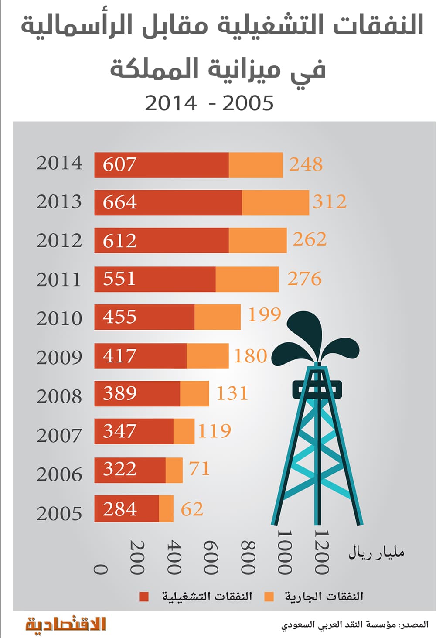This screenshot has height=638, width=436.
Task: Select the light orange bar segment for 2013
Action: [x=275, y=203]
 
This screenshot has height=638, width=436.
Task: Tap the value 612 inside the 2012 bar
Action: [x=119, y=241]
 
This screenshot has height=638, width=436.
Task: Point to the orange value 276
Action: [x=304, y=279]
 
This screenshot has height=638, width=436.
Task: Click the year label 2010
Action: [x=59, y=319]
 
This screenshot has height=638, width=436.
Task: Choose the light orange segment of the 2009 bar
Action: [x=208, y=356]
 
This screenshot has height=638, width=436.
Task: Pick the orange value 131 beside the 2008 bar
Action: [x=232, y=393]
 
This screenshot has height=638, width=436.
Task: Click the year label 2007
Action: [x=59, y=436]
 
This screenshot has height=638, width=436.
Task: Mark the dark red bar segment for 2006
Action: [x=130, y=470]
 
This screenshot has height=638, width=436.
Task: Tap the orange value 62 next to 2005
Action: [x=192, y=509]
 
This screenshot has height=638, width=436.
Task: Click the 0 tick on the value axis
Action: [x=101, y=569]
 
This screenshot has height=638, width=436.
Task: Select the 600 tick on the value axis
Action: [x=211, y=558]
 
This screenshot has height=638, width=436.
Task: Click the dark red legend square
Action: [x=144, y=597]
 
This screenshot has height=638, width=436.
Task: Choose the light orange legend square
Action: [x=269, y=597]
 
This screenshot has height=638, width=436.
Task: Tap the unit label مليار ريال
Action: [x=376, y=553]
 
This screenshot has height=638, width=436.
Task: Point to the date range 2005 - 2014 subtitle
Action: [x=209, y=104]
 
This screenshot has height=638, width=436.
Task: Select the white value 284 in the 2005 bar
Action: [x=119, y=509]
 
